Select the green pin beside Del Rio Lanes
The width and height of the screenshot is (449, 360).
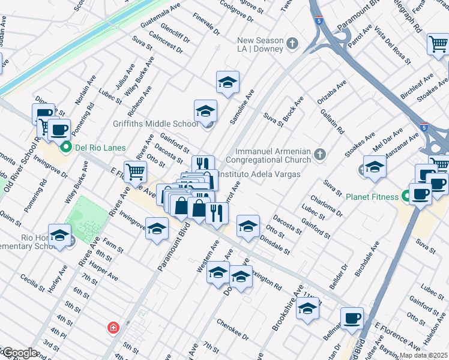click(66, 148)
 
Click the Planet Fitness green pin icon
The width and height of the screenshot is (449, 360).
click(405, 196)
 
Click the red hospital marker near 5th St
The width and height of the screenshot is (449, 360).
click(112, 328)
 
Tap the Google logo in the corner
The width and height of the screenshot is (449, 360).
click(19, 353)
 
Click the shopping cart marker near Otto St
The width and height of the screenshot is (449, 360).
click(135, 172)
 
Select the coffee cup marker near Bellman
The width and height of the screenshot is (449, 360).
click(352, 318)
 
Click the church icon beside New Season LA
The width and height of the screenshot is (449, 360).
click(292, 44)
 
